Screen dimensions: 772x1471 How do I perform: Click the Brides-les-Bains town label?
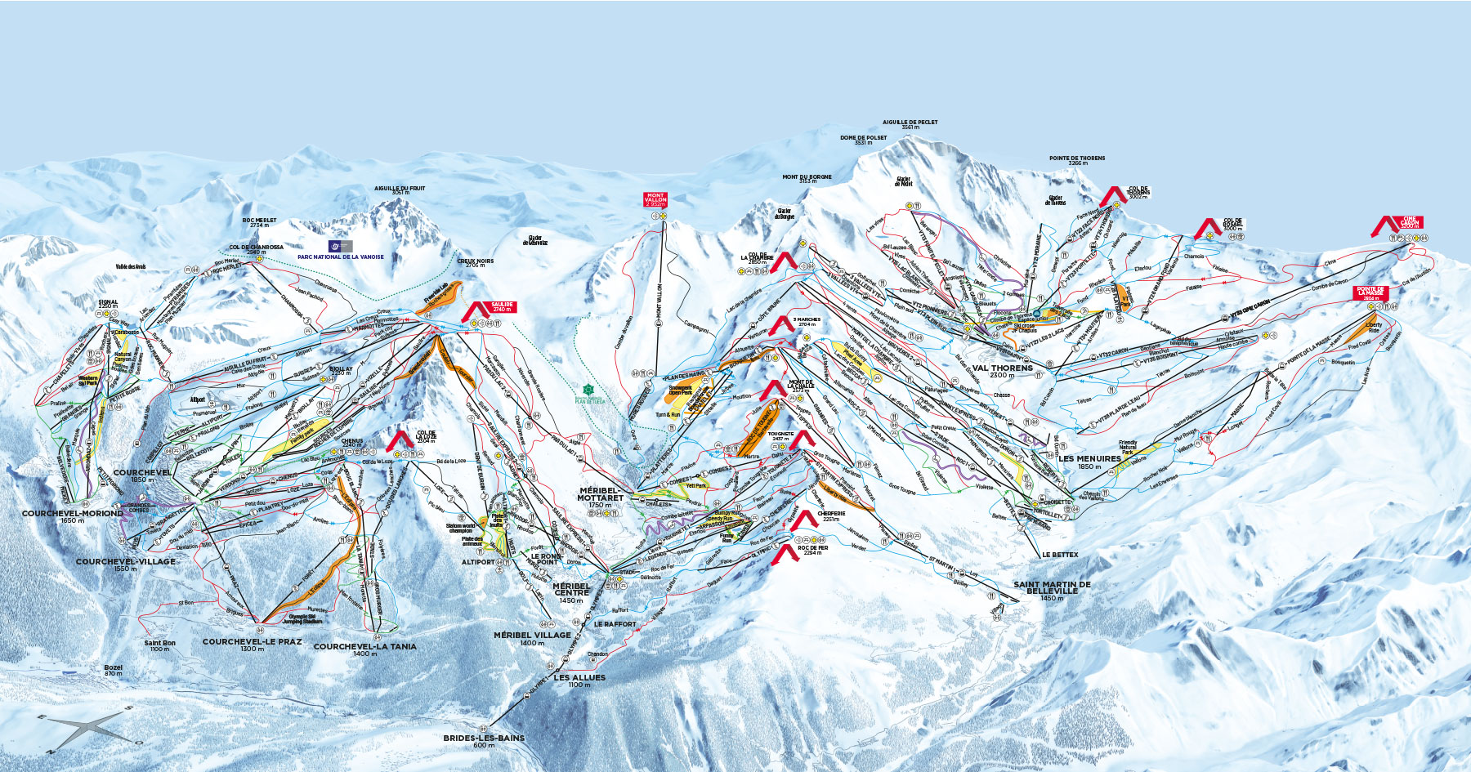(484, 740)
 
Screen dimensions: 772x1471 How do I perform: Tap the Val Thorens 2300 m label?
(1003, 370)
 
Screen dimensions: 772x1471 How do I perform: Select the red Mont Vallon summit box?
(655, 199)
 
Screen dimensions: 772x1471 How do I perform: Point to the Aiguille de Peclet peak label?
(910, 124)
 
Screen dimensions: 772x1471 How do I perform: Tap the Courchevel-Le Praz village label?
(252, 645)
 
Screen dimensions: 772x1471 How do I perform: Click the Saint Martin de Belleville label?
(1052, 588)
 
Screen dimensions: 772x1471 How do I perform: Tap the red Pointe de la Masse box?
(1370, 292)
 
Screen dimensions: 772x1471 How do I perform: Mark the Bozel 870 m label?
(114, 670)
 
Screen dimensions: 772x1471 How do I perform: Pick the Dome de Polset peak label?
(864, 140)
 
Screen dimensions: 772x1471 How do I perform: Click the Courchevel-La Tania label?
(364, 649)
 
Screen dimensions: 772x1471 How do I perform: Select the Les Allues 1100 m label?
(579, 681)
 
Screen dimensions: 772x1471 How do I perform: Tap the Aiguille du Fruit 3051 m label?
(400, 190)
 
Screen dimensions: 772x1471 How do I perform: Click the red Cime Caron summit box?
(1410, 221)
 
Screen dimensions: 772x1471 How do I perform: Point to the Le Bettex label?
(1060, 555)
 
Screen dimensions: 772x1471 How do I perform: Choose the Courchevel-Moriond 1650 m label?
(72, 516)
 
